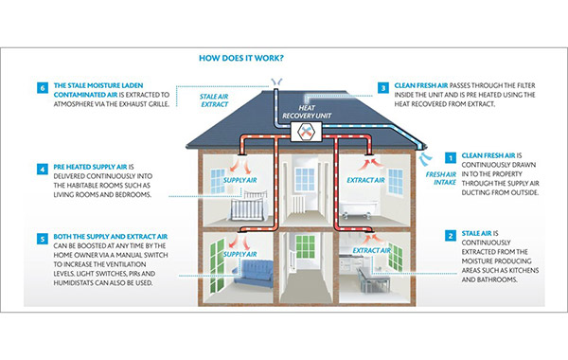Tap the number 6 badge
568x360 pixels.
click(42, 88)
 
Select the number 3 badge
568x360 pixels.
click(382, 88)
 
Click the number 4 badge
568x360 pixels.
click(42, 171)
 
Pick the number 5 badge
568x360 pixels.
click(42, 238)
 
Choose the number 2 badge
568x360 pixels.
click(451, 233)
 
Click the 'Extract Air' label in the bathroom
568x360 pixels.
click(365, 178)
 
